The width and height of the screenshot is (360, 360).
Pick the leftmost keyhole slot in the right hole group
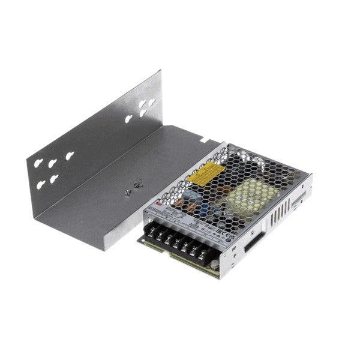coord(129,118)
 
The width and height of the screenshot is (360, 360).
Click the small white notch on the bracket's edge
coord(205,142)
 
